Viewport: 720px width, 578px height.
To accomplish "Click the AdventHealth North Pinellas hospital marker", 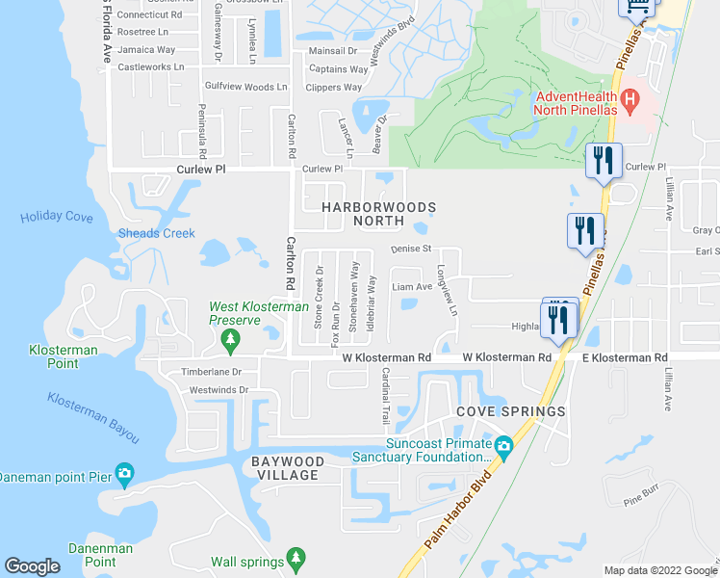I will tap(630, 98).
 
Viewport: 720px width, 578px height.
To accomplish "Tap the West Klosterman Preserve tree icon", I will tap(230, 339).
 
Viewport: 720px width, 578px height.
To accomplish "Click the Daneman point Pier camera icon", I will tap(123, 475).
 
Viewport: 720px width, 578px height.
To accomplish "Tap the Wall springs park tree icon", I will tap(296, 561).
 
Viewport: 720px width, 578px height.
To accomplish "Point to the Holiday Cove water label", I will tap(56, 218).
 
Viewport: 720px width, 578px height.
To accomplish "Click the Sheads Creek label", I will tap(156, 233).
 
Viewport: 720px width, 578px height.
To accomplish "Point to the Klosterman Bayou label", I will tap(92, 417).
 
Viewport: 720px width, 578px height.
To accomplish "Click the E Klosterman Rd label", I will tap(625, 357).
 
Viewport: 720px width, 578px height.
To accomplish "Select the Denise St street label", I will tap(412, 249).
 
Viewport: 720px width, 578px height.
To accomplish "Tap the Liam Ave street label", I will tap(412, 286).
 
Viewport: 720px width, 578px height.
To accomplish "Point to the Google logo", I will tap(33, 566).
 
